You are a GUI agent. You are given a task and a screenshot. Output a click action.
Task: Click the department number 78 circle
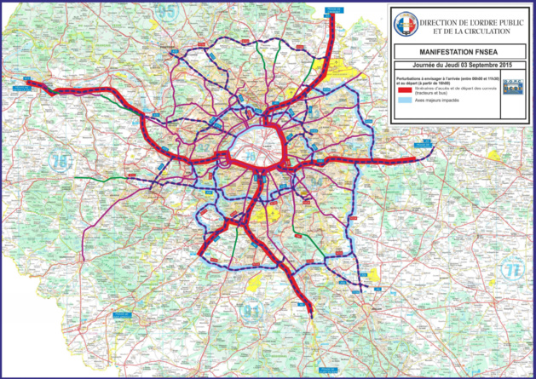(59, 161)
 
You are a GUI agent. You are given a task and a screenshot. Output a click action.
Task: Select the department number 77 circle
(512, 270)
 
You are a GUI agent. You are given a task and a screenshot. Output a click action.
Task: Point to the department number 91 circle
(250, 310)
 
